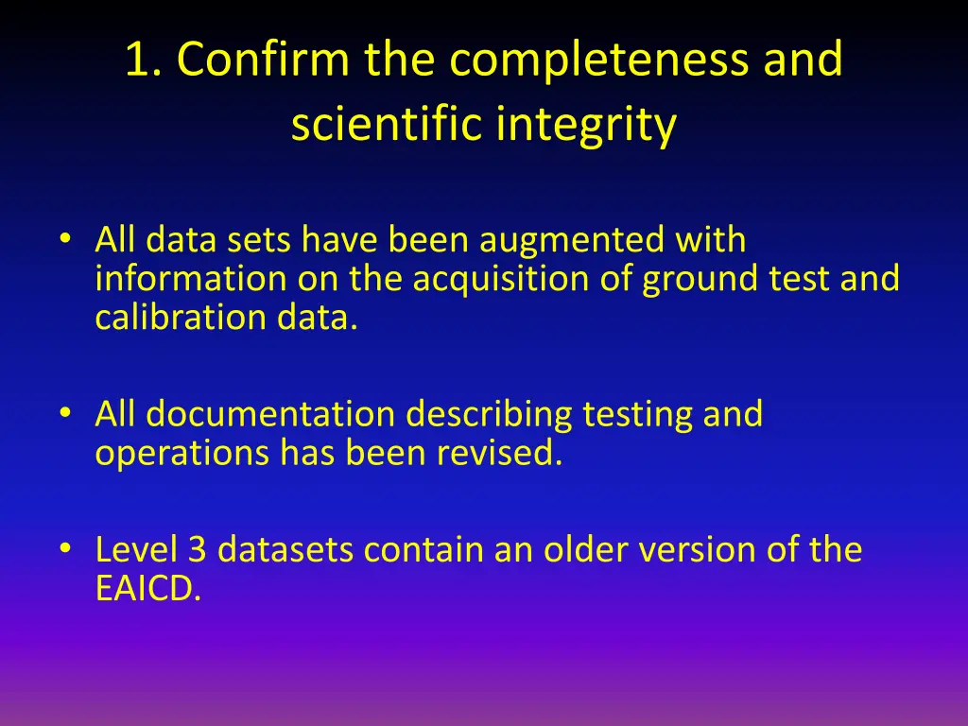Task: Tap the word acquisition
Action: click(x=501, y=279)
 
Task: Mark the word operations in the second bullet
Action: click(x=181, y=454)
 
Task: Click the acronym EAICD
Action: click(x=147, y=588)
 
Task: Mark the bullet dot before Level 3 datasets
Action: click(x=64, y=547)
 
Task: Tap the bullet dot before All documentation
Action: click(x=64, y=412)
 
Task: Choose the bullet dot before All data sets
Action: click(x=64, y=238)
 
